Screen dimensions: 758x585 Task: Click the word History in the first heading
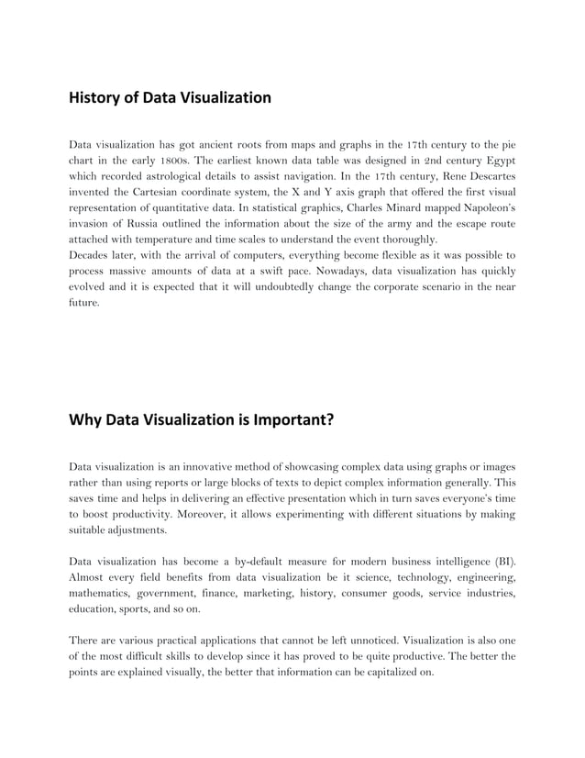pos(97,97)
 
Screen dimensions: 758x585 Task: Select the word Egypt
pos(496,160)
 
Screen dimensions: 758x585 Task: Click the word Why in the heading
pos(85,421)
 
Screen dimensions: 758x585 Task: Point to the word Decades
pos(92,255)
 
